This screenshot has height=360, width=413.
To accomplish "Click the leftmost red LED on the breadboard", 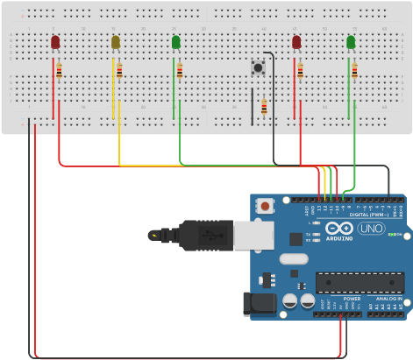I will coord(55,41).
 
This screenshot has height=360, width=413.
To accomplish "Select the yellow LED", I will coord(116,41).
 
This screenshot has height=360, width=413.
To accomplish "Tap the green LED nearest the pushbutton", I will coord(176,41).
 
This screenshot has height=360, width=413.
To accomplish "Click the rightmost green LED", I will coord(351,41).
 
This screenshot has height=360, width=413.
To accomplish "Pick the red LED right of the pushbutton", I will coord(296,41).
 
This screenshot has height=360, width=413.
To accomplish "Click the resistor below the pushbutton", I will coord(264,107).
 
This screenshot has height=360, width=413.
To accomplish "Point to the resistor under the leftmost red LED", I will coord(59,70).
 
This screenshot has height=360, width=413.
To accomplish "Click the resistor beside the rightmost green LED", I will coord(354,70).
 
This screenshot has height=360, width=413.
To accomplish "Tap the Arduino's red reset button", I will coord(265,206).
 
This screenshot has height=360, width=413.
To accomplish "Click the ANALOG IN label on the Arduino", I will coord(388,299).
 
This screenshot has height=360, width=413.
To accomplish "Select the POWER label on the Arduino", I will coord(352,299).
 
